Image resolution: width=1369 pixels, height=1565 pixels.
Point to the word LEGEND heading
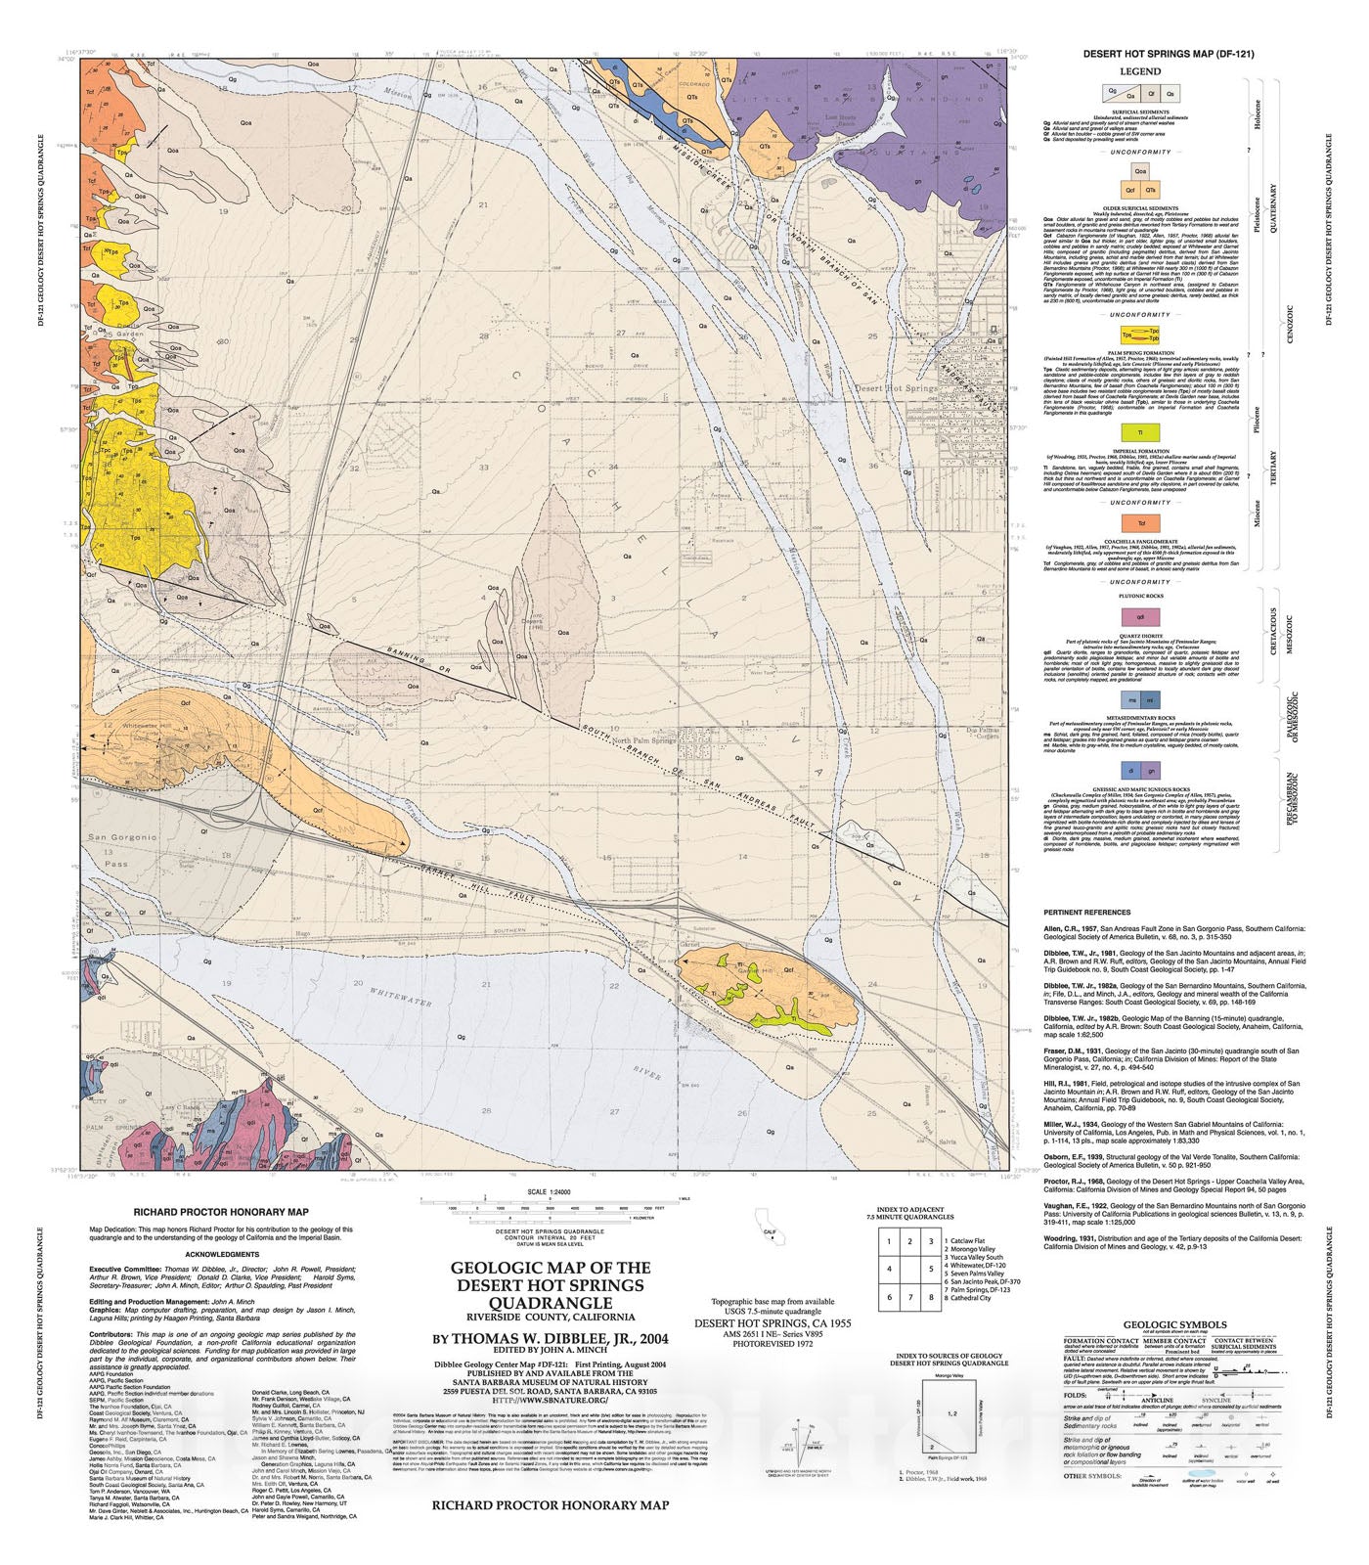(1140, 71)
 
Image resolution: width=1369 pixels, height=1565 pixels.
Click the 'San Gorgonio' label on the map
(122, 838)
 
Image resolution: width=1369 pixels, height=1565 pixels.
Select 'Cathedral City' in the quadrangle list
(972, 1298)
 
